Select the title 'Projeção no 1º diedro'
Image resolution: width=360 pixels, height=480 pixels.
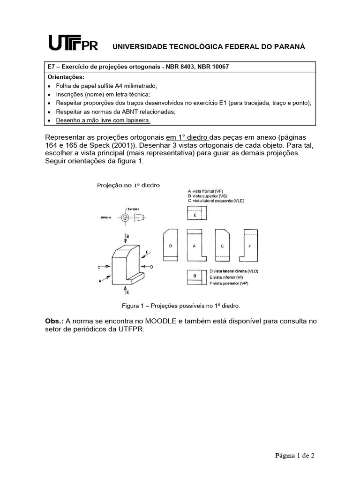tap(128, 185)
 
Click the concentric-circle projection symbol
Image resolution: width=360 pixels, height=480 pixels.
tap(125, 217)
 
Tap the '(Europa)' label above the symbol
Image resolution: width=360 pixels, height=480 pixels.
tap(132, 209)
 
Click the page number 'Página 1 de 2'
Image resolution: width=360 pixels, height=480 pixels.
tap(294, 455)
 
